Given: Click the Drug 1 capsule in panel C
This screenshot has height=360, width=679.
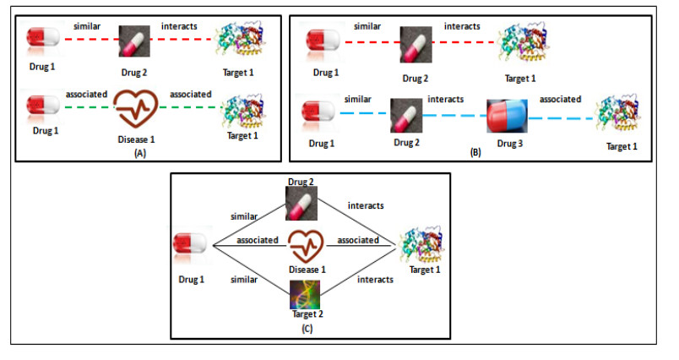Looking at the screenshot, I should click(192, 245).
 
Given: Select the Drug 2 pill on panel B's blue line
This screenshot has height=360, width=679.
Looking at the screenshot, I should click(406, 117).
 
